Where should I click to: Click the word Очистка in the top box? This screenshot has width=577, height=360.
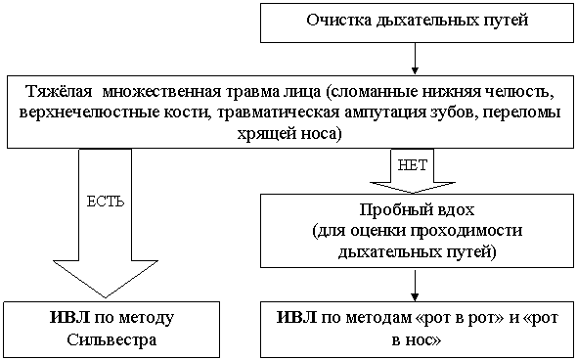pos(339,20)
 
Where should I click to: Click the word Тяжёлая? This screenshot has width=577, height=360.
pos(59,92)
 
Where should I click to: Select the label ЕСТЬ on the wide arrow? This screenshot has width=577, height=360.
pos(106,202)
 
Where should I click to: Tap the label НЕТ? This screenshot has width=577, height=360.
pos(413,165)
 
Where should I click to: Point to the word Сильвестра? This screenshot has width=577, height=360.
pos(111,339)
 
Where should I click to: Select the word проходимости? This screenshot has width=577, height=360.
pos(466,231)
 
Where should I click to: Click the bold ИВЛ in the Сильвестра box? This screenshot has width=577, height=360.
pos(69,317)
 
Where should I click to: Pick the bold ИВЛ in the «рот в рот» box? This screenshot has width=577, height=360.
pos(296,317)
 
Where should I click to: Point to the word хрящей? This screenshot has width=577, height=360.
pos(267,134)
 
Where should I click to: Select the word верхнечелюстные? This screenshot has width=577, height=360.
pos(89,112)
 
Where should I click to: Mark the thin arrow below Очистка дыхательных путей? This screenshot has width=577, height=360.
pos(415,58)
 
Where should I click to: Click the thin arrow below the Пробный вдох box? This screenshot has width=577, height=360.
pos(415,286)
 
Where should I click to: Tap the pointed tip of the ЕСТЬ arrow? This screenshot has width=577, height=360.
pos(106,297)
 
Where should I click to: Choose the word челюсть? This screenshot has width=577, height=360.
pos(523,92)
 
